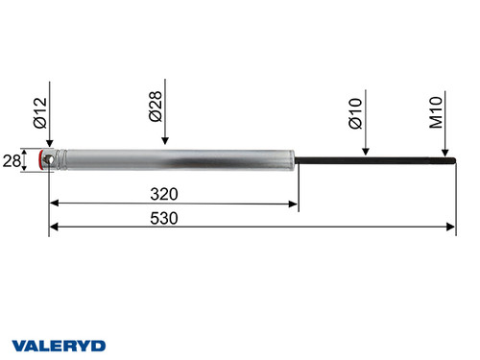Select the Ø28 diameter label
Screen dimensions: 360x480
156,105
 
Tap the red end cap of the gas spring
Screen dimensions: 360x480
42,159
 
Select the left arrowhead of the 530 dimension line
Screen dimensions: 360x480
53,227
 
